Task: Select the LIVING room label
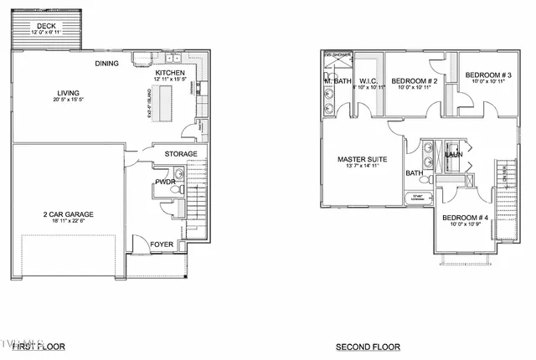pyautogui.click(x=68, y=93)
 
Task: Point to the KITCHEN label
pyautogui.click(x=170, y=74)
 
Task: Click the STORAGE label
pyautogui.click(x=180, y=154)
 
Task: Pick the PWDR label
pyautogui.click(x=163, y=182)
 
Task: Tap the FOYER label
pyautogui.click(x=162, y=245)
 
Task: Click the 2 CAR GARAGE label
pyautogui.click(x=69, y=214)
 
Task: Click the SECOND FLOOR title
pyautogui.click(x=368, y=347)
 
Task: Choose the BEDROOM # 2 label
pyautogui.click(x=415, y=80)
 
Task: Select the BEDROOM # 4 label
pyautogui.click(x=466, y=219)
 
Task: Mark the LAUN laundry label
pyautogui.click(x=454, y=154)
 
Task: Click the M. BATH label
pyautogui.click(x=338, y=81)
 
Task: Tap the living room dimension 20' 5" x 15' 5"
pyautogui.click(x=69, y=100)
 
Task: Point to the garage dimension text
pyautogui.click(x=69, y=221)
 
